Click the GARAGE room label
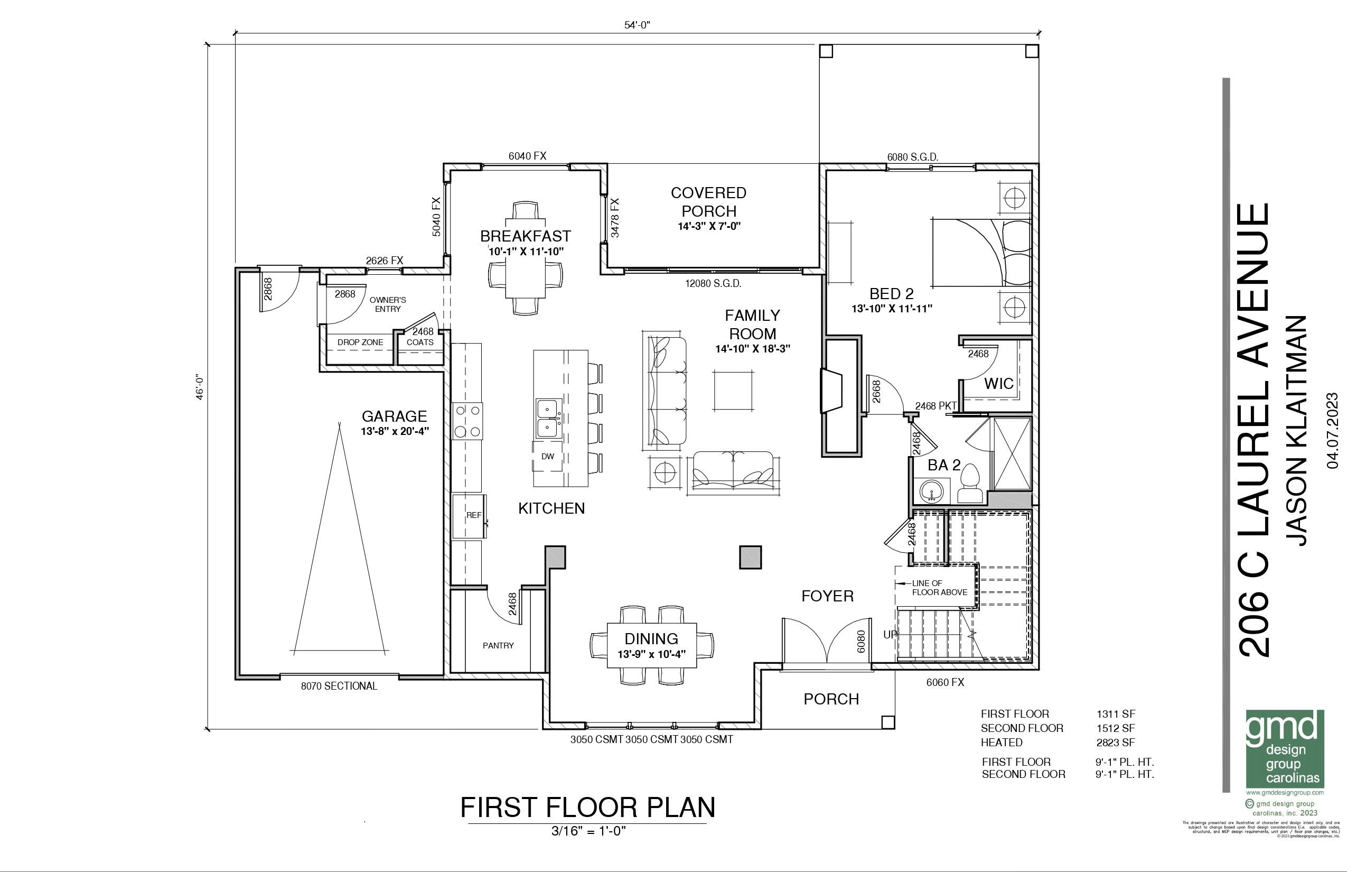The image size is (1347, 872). [x=394, y=416]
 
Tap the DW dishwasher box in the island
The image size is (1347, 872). [x=547, y=457]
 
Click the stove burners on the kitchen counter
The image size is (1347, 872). [x=467, y=421]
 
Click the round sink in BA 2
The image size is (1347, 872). [x=931, y=490]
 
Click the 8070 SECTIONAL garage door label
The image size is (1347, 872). [x=339, y=687]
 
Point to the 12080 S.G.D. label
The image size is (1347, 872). [x=713, y=283]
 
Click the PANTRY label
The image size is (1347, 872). [x=498, y=645]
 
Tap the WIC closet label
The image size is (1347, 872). [x=999, y=384]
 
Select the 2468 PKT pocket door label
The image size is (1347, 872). [x=936, y=406]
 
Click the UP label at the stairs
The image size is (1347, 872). [x=890, y=635]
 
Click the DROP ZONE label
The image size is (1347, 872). [x=360, y=342]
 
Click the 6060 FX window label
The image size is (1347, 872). [x=944, y=683]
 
